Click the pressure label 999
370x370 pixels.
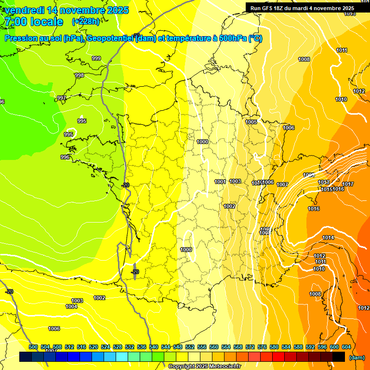[96, 58]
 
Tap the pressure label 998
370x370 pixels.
[79, 75]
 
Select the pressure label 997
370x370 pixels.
[62, 98]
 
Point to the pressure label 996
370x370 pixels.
[65, 157]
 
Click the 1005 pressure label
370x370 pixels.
[251, 122]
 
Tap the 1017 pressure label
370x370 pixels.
[348, 184]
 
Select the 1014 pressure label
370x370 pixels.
[328, 238]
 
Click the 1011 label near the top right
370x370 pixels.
[342, 51]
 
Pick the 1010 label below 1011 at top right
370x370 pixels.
[341, 99]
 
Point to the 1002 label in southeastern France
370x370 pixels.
[229, 206]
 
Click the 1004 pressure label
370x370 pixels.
[71, 306]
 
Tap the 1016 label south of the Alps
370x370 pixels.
[314, 209]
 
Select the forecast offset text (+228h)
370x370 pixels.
[86, 21]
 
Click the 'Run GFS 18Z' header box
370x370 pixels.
[303, 8]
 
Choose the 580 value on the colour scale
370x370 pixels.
[274, 347]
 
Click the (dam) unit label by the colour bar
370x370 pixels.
[357, 357]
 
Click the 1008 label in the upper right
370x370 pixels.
[304, 59]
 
